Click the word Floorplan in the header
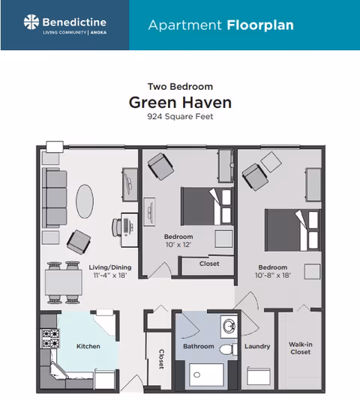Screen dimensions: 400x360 [x=259, y=25]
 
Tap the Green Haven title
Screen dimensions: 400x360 [x=180, y=102]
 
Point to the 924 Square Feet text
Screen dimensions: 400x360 [x=180, y=118]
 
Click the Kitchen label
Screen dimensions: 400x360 [x=88, y=346]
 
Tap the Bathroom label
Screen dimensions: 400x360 [x=199, y=347]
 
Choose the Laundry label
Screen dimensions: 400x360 [x=257, y=347]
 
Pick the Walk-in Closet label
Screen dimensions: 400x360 [x=300, y=348]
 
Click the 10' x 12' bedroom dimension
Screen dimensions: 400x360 [x=178, y=245]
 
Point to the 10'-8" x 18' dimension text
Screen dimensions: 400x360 [x=273, y=276]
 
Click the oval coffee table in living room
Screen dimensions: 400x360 [x=85, y=201]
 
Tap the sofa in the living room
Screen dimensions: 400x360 [x=53, y=196]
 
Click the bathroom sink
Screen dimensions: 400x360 [x=228, y=327]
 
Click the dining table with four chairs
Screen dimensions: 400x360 [x=63, y=282]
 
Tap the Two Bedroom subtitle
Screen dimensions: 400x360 [x=180, y=87]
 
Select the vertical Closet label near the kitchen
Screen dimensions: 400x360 [x=160, y=360]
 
